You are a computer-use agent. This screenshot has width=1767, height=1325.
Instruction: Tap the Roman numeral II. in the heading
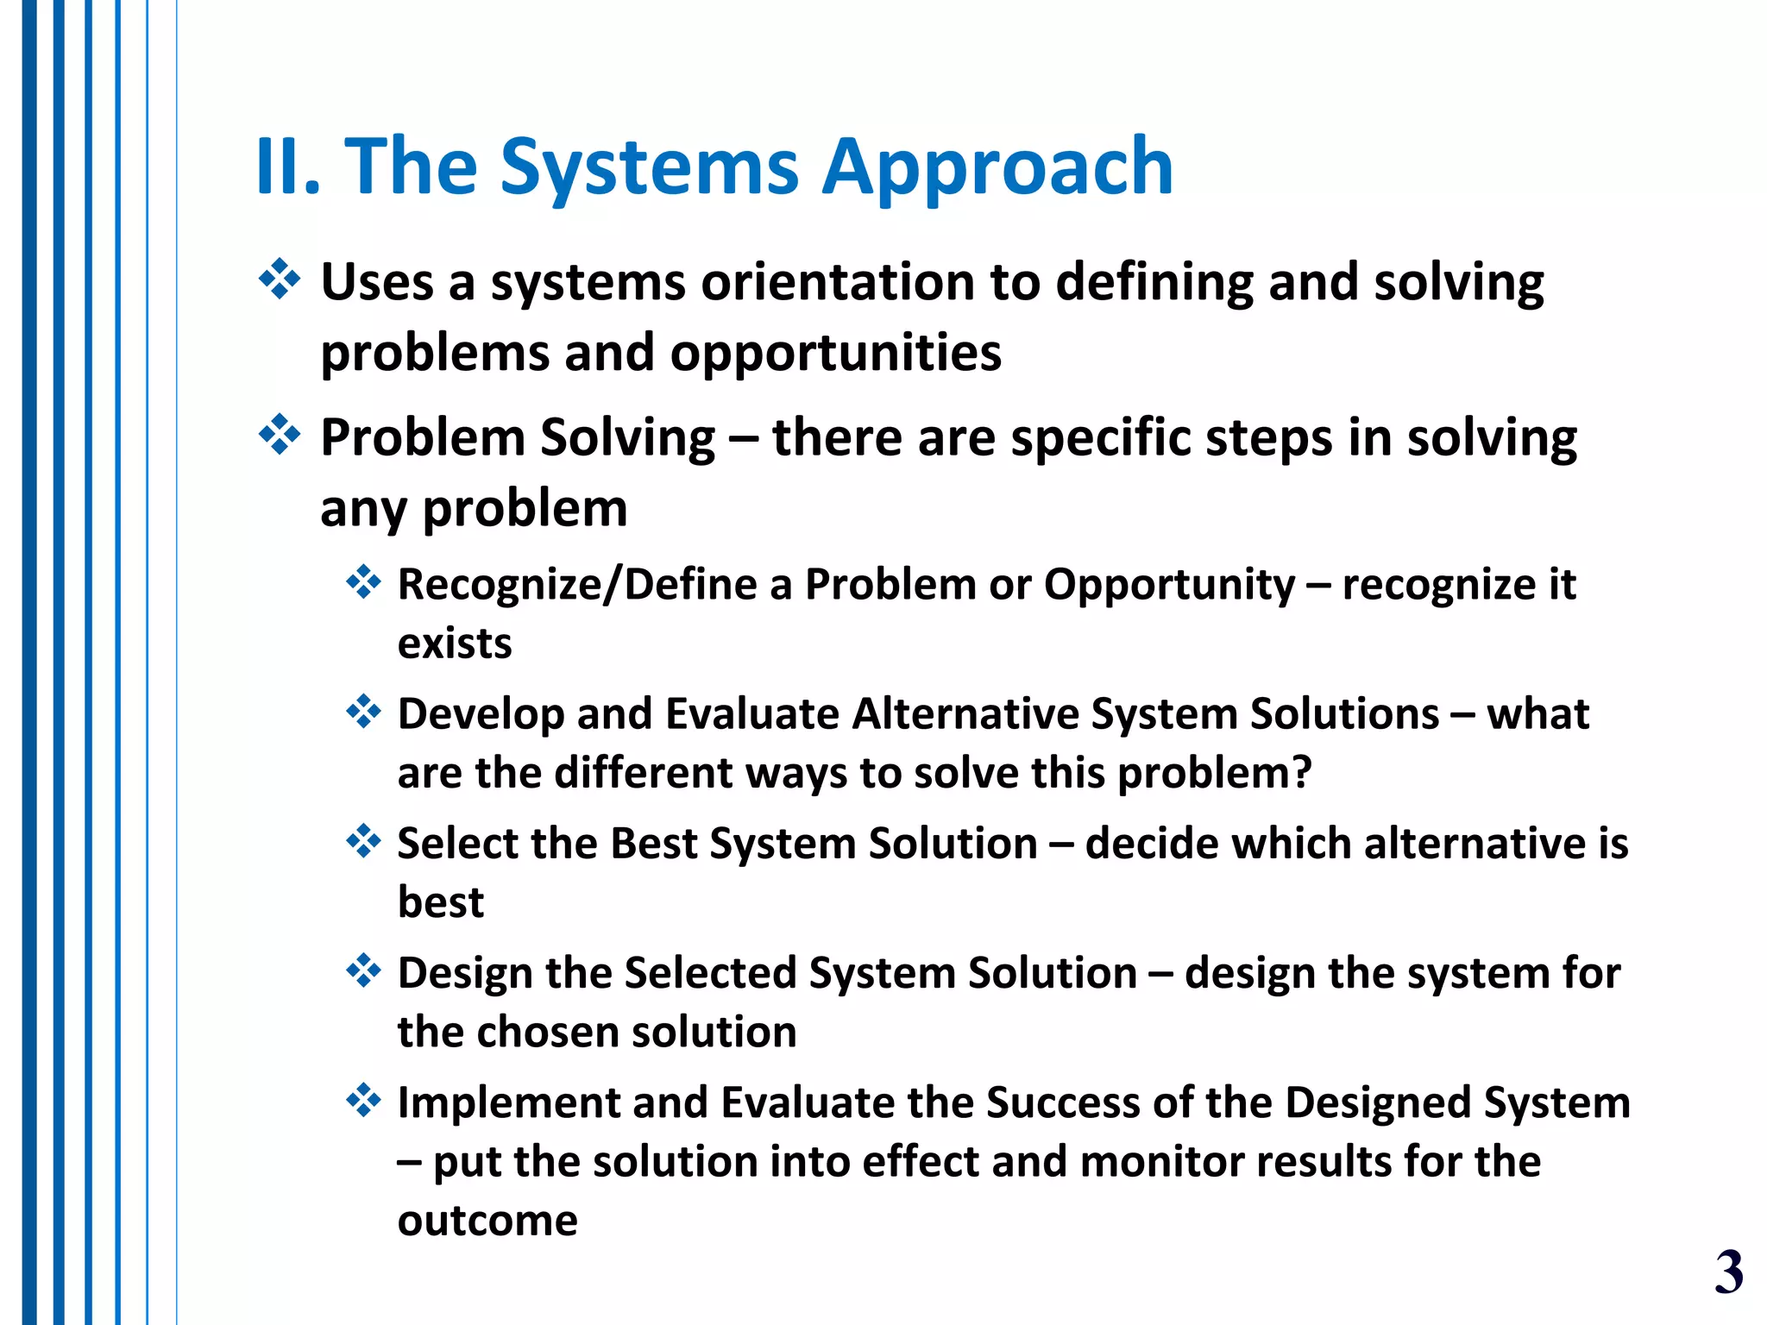pyautogui.click(x=288, y=168)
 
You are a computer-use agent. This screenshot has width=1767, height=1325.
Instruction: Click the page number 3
pyautogui.click(x=1728, y=1272)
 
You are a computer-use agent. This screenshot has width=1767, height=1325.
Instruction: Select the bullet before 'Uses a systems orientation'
pyautogui.click(x=280, y=279)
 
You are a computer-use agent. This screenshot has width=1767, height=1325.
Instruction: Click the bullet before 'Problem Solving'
pyautogui.click(x=280, y=435)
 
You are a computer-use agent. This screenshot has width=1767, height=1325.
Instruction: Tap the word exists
pyautogui.click(x=455, y=644)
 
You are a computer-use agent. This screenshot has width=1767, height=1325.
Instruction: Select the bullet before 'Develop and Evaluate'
pyautogui.click(x=363, y=712)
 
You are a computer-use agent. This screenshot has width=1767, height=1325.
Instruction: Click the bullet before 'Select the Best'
pyautogui.click(x=363, y=841)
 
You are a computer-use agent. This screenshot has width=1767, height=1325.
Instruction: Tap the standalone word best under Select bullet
pyautogui.click(x=440, y=902)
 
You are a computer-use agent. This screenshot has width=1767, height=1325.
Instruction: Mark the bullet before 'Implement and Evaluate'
pyautogui.click(x=363, y=1100)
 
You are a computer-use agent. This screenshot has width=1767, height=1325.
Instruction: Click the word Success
pyautogui.click(x=1062, y=1102)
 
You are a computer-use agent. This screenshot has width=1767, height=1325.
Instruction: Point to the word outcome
pyautogui.click(x=487, y=1221)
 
